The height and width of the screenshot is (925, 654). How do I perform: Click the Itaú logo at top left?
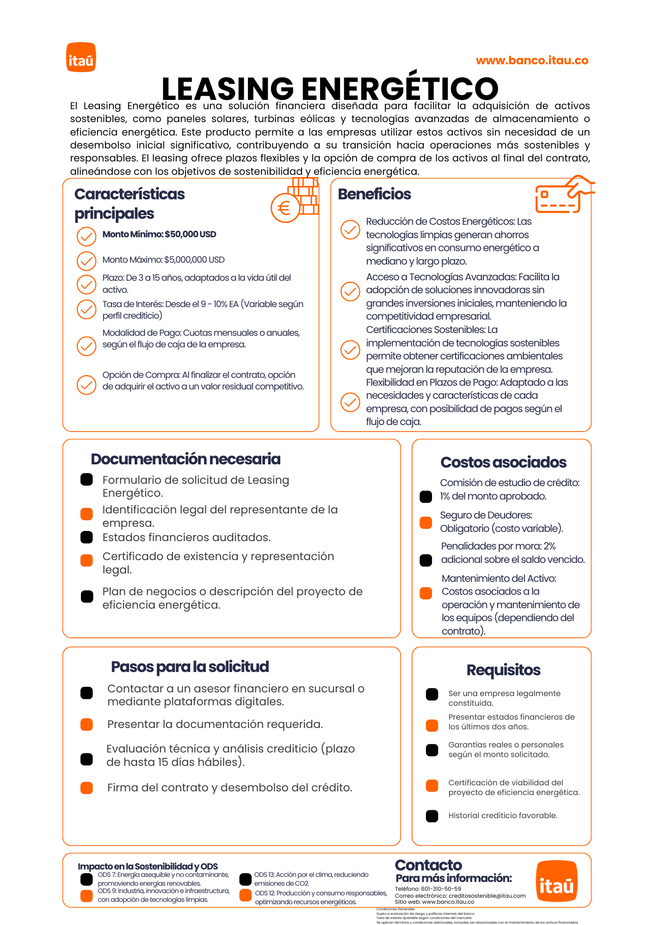pyautogui.click(x=81, y=57)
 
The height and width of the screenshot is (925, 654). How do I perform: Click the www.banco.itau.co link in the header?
pyautogui.click(x=532, y=61)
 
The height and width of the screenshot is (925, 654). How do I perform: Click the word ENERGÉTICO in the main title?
pyautogui.click(x=400, y=89)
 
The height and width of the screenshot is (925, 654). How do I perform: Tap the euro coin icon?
pyautogui.click(x=285, y=208)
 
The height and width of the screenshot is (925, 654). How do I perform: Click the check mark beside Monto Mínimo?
pyautogui.click(x=86, y=236)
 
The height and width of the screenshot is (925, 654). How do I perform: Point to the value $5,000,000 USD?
pyautogui.click(x=194, y=260)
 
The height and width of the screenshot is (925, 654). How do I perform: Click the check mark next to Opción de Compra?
pyautogui.click(x=86, y=384)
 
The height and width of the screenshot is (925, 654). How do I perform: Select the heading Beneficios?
pyautogui.click(x=374, y=194)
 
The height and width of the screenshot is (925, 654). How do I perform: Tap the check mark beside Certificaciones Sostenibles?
pyautogui.click(x=350, y=350)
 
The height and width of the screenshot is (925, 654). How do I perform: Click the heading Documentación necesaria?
pyautogui.click(x=185, y=459)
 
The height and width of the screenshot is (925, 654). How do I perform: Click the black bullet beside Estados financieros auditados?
pyautogui.click(x=86, y=537)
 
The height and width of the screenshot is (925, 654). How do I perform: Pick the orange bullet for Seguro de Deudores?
pyautogui.click(x=426, y=522)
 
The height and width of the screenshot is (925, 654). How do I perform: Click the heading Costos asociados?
pyautogui.click(x=503, y=462)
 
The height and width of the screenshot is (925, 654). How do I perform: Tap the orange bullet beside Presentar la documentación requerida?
pyautogui.click(x=86, y=724)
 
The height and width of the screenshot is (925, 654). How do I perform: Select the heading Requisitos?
pyautogui.click(x=503, y=670)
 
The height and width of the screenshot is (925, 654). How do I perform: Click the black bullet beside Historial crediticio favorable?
pyautogui.click(x=432, y=816)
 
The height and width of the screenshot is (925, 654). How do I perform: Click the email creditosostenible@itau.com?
pyautogui.click(x=487, y=896)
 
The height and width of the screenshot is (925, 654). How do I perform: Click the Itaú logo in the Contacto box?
pyautogui.click(x=556, y=881)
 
